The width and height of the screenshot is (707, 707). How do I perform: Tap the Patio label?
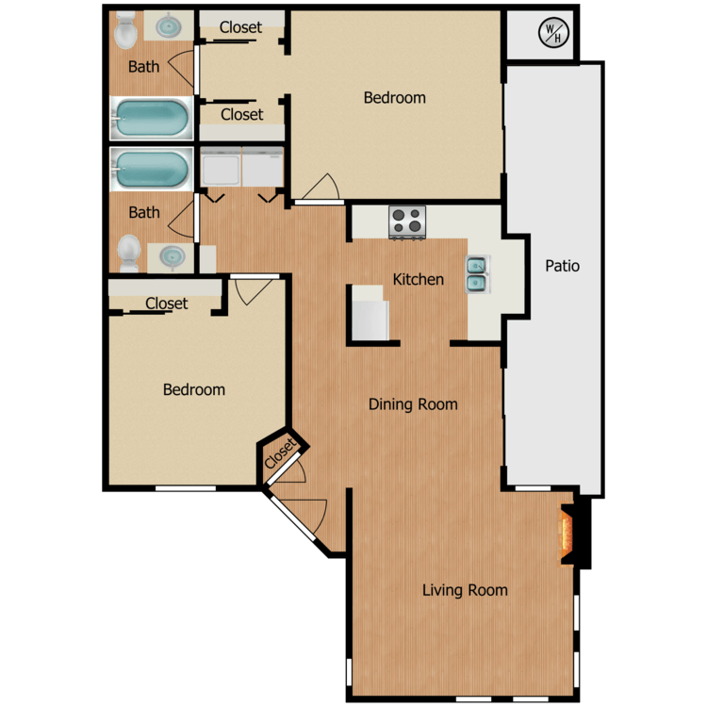coord(563,266)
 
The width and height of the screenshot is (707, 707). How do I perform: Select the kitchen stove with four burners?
coord(408,222)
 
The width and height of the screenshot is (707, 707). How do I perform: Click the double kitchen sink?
coord(476,272)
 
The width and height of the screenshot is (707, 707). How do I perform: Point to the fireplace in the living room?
coord(567,536)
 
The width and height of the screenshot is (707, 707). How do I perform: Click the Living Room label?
coord(465,590)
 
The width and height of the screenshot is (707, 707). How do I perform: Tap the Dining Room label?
coord(413,404)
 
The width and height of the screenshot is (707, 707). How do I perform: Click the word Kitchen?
coord(419,279)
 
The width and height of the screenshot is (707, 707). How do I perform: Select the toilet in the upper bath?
coord(124,32)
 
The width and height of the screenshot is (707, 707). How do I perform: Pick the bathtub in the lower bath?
coord(151,169)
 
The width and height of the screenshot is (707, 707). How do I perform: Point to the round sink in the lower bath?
coord(172,255)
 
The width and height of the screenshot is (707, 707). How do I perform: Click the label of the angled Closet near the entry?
coord(281,455)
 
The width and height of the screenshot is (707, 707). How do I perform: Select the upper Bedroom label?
coord(395,97)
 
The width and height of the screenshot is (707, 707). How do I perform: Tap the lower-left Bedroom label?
coord(194,389)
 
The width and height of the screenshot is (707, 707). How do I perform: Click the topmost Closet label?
coord(240,27)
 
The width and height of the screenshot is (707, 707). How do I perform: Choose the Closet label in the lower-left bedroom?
coord(167,304)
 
